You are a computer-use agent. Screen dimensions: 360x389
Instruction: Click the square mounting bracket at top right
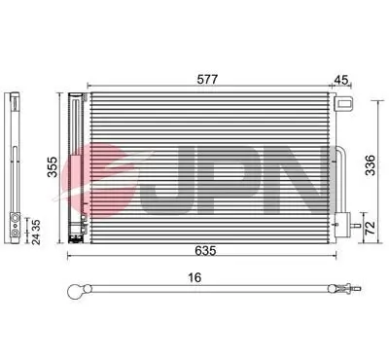(x=341, y=104)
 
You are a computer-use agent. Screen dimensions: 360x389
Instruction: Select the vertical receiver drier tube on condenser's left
(x=78, y=165)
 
